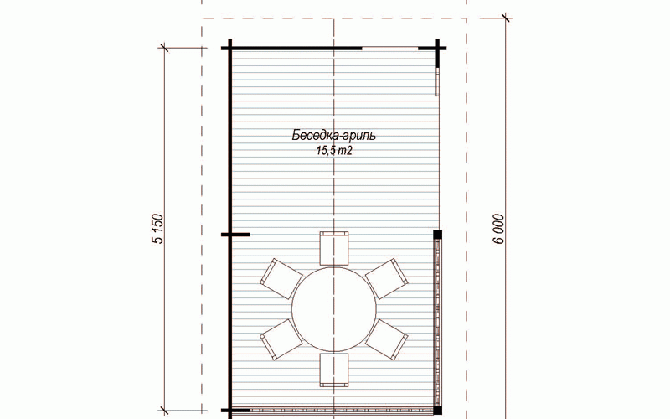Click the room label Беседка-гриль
(333, 136)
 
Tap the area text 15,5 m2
(334, 151)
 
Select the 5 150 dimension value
(158, 229)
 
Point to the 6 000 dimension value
(499, 229)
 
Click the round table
(334, 308)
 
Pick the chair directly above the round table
(334, 248)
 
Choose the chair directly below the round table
(334, 370)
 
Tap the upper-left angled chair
(281, 278)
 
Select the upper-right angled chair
(387, 278)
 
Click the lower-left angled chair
(281, 339)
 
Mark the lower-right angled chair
(387, 339)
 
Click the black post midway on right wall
(437, 235)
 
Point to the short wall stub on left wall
(235, 235)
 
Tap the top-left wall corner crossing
(229, 49)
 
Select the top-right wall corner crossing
(437, 49)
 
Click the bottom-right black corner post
(437, 411)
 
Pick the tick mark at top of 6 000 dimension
(506, 18)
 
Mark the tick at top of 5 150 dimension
(164, 49)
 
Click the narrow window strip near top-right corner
(437, 81)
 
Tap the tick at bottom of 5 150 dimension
(164, 411)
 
